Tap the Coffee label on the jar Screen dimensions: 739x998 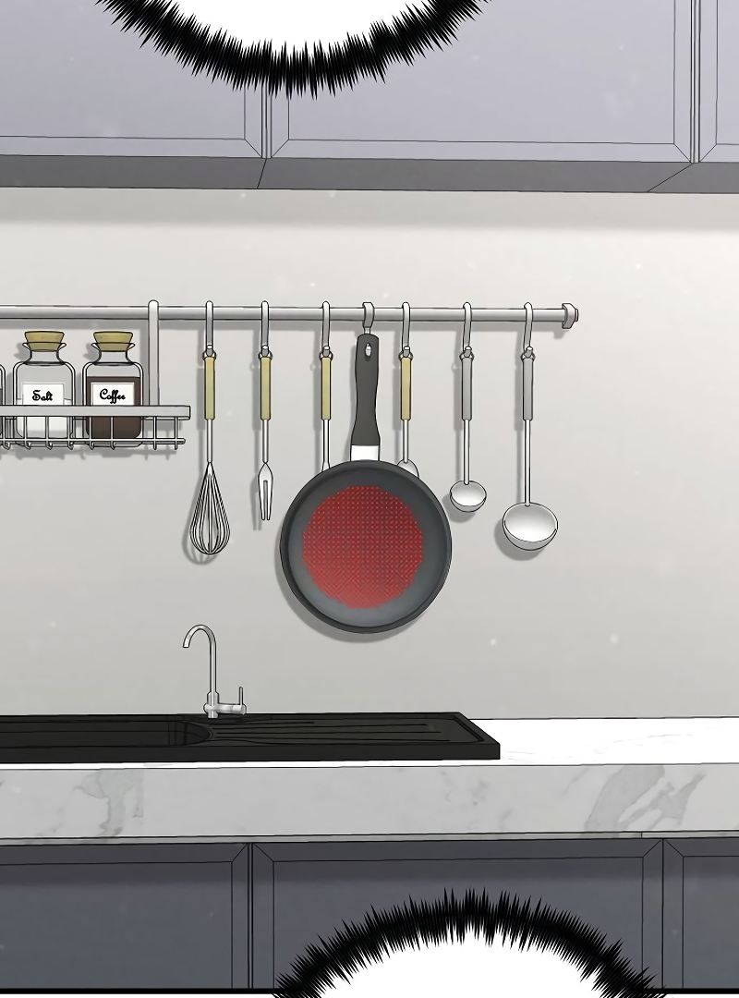(114, 395)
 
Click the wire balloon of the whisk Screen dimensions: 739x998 (209, 512)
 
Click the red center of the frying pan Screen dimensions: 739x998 (363, 545)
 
